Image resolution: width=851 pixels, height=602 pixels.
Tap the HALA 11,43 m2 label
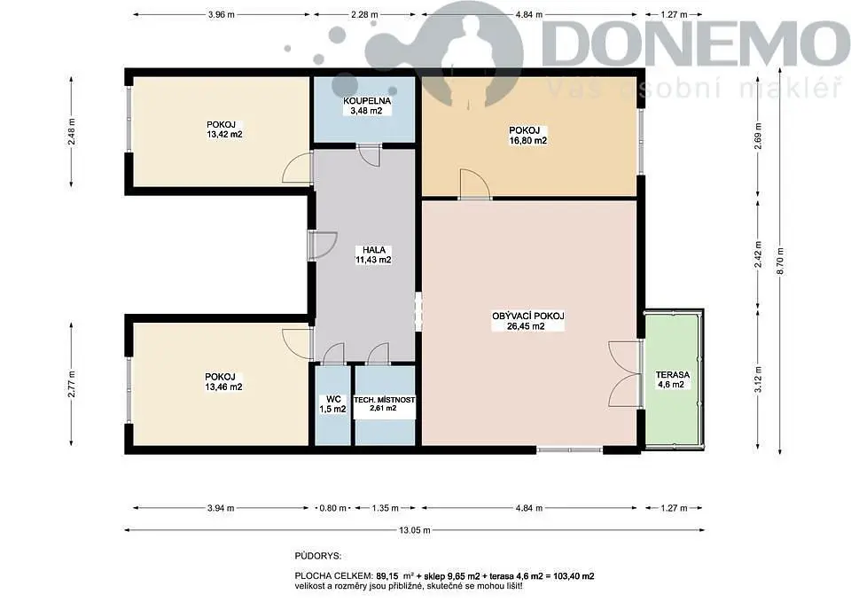tap(373, 254)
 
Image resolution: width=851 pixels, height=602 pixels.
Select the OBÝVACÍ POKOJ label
tap(528, 316)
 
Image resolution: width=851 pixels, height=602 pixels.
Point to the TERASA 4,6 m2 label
tap(672, 379)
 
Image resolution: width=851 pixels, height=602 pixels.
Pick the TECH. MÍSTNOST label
tap(384, 400)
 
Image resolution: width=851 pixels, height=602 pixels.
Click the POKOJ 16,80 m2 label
tap(527, 135)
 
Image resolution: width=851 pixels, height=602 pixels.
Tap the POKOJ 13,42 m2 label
tap(224, 129)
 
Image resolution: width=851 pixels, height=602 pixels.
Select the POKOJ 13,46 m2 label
tap(223, 381)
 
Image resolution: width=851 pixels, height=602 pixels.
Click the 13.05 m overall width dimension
tap(415, 530)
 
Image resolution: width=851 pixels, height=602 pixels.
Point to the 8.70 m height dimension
tap(780, 261)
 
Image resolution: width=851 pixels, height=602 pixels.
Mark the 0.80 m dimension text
tap(332, 508)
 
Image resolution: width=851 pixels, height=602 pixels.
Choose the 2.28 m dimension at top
tap(364, 15)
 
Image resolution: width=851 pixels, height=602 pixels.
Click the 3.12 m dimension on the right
tap(758, 379)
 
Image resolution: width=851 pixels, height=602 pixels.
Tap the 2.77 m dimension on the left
tap(71, 384)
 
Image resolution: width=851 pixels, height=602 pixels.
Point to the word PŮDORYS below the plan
tap(318, 556)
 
